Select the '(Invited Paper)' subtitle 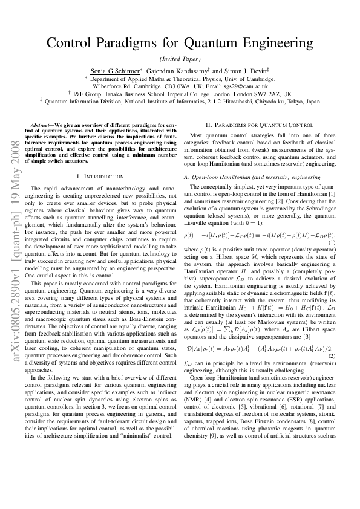coord(180,59)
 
